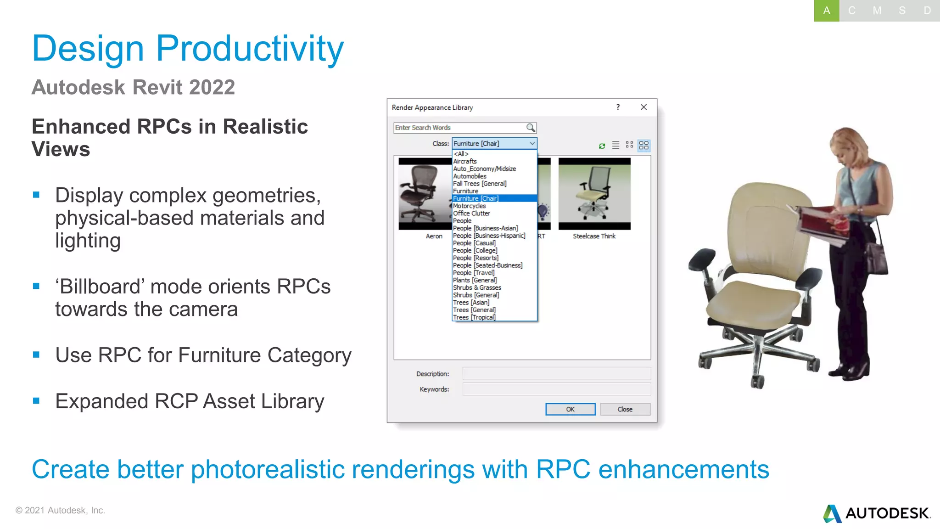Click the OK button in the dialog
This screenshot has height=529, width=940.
tap(570, 409)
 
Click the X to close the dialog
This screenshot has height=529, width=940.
tap(643, 107)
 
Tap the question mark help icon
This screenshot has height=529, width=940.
tap(618, 107)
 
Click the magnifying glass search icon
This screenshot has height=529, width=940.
tap(531, 128)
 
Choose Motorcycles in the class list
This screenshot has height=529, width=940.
tap(470, 206)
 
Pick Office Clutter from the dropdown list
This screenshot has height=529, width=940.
tap(472, 213)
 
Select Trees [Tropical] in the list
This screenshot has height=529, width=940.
tap(475, 317)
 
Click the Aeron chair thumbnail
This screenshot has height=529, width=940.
tap(425, 194)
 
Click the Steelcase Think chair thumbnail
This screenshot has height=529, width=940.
tap(594, 194)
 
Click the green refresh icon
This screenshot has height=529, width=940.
tap(602, 146)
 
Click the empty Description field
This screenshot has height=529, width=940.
tap(556, 373)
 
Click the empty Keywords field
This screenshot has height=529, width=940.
tap(556, 389)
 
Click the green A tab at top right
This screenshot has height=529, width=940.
tap(826, 11)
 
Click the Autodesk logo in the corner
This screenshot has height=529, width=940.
tap(877, 513)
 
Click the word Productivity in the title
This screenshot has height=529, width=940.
tap(250, 49)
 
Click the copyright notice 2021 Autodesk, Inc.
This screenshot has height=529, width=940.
tap(60, 510)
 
